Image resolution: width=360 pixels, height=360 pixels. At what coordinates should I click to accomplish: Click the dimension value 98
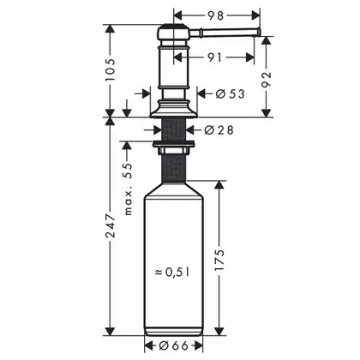[x=216, y=15]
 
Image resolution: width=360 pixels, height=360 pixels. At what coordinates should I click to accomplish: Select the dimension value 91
[x=214, y=57]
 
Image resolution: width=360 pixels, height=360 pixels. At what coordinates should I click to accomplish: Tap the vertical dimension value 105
[x=110, y=70]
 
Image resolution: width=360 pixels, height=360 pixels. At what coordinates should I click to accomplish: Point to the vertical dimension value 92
[x=266, y=80]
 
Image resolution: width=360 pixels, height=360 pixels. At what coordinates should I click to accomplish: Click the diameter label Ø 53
[x=231, y=93]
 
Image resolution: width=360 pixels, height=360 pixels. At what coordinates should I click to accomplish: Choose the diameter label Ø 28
[x=219, y=130]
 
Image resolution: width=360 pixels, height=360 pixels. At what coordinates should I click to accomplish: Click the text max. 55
[x=129, y=189]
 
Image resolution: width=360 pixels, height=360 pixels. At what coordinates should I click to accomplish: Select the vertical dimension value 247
[x=110, y=225]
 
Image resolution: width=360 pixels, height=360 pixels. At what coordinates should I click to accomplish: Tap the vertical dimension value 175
[x=219, y=261]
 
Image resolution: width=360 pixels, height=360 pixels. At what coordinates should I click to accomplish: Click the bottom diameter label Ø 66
[x=174, y=346]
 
